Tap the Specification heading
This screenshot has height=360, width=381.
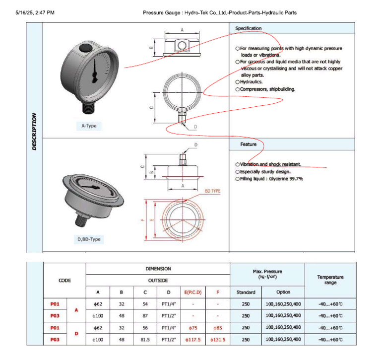click(249, 29)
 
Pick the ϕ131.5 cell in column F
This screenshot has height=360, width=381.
click(218, 340)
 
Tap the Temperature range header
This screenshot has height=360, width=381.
click(330, 280)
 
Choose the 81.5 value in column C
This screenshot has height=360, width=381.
click(145, 340)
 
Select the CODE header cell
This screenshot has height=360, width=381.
click(64, 280)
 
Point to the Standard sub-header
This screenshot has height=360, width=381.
click(246, 292)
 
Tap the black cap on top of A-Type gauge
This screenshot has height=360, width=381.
click(83, 48)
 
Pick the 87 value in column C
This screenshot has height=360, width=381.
click(145, 315)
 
